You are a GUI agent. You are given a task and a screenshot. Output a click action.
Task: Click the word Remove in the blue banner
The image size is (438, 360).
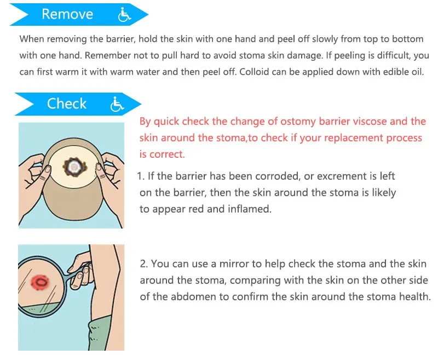[67, 14]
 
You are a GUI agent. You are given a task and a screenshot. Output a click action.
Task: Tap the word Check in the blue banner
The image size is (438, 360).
[67, 104]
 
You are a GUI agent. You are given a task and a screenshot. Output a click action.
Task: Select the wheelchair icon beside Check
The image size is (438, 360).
[117, 104]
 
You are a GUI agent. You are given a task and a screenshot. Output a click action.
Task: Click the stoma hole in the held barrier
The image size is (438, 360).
[71, 165]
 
